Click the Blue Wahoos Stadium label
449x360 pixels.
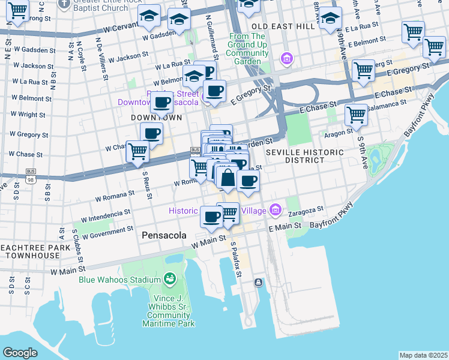[x=119, y=279]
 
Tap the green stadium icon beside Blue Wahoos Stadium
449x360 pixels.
[x=170, y=279]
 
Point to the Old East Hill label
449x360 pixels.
[x=283, y=27]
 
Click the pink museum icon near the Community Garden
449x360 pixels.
[x=287, y=59]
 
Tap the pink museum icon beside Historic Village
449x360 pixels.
[x=276, y=210]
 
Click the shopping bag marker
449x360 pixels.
[x=228, y=178]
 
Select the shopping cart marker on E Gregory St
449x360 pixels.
[x=363, y=71]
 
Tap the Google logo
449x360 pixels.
[x=20, y=353]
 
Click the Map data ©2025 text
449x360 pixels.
[x=423, y=355]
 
